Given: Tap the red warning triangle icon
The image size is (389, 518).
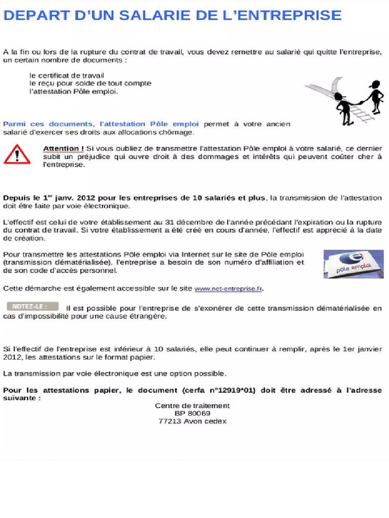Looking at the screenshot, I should pos(17,154).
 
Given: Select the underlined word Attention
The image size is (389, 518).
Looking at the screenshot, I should pos(63,148).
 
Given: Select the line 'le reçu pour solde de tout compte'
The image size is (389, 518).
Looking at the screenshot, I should pos(90,83).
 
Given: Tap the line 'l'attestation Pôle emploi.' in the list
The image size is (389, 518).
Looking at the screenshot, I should pos(73,92).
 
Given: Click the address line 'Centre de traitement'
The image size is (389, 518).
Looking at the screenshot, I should pos(192,405).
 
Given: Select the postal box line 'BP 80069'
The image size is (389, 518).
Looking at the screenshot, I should pos(192,413).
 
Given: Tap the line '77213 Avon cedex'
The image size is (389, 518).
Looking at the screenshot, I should pos(192,421).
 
